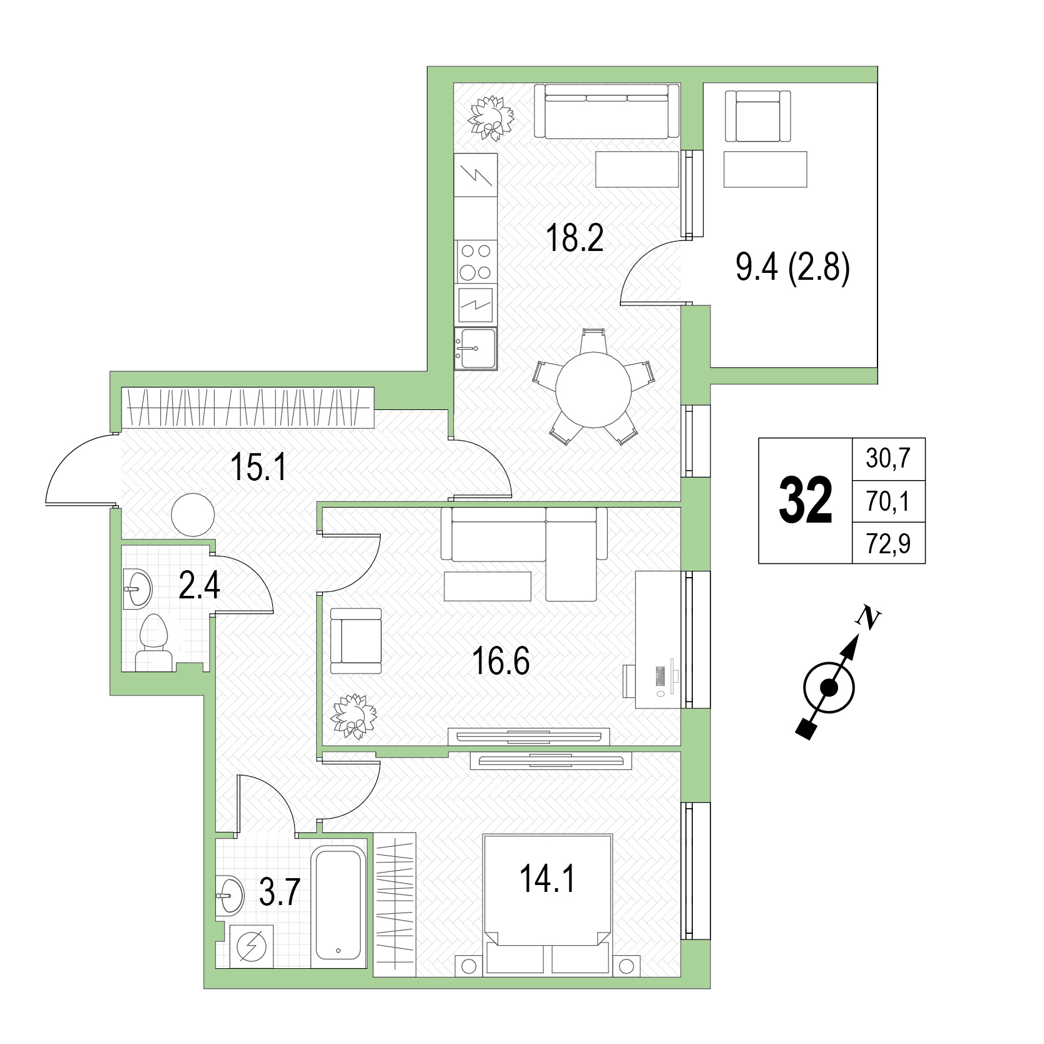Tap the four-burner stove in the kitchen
pyautogui.click(x=476, y=262)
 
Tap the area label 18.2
pyautogui.click(x=575, y=238)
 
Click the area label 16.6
pyautogui.click(x=501, y=662)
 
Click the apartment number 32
pyautogui.click(x=806, y=500)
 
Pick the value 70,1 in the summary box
pyautogui.click(x=888, y=501)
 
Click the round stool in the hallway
pyautogui.click(x=193, y=514)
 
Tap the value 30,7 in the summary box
pyautogui.click(x=888, y=459)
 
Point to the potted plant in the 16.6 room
pyautogui.click(x=354, y=716)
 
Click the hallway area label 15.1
pyautogui.click(x=258, y=467)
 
